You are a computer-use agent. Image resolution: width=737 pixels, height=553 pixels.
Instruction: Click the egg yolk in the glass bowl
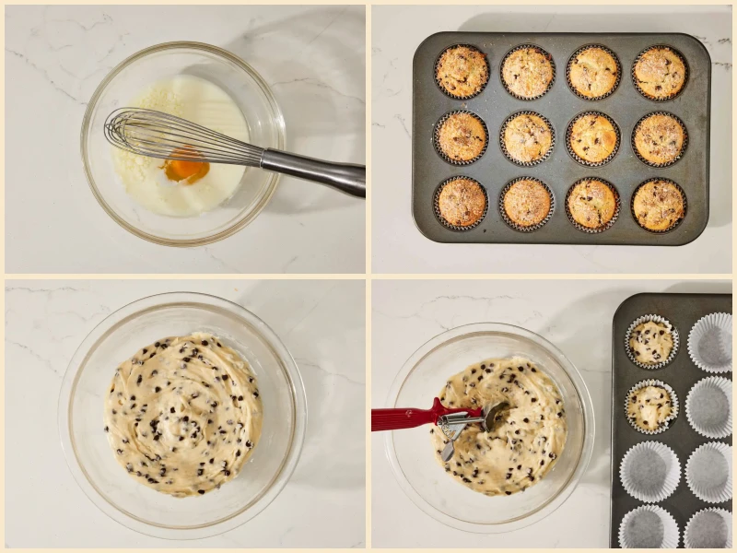click(x=186, y=170)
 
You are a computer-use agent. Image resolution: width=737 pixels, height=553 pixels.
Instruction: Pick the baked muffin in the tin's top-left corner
click(x=462, y=71)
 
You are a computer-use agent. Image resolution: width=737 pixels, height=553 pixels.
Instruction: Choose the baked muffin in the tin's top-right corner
click(x=660, y=72)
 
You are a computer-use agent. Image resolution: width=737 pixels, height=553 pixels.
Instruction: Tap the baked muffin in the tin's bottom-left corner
click(x=462, y=203)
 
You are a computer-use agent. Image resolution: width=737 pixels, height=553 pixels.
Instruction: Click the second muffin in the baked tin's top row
click(x=528, y=71)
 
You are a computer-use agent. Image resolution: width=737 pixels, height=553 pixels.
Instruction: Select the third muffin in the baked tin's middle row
click(x=593, y=138)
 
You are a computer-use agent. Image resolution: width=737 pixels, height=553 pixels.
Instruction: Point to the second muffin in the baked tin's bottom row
click(x=527, y=203)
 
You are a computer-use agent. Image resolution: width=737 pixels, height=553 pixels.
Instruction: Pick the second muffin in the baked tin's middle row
click(x=528, y=138)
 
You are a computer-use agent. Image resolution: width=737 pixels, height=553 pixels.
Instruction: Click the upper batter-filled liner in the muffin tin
click(x=651, y=342)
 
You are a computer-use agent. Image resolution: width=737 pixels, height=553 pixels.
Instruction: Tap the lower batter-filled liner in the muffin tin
click(x=651, y=406)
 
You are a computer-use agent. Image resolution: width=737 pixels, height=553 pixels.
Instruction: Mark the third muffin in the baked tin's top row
click(x=593, y=72)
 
